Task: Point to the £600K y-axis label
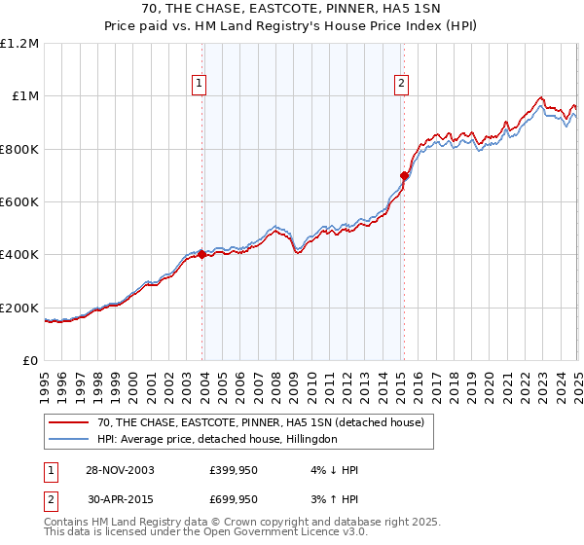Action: point(21,202)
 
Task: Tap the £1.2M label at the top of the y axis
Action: point(21,44)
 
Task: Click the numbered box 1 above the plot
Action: point(199,85)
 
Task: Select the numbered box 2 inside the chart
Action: point(401,85)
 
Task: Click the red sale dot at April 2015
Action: point(404,175)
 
